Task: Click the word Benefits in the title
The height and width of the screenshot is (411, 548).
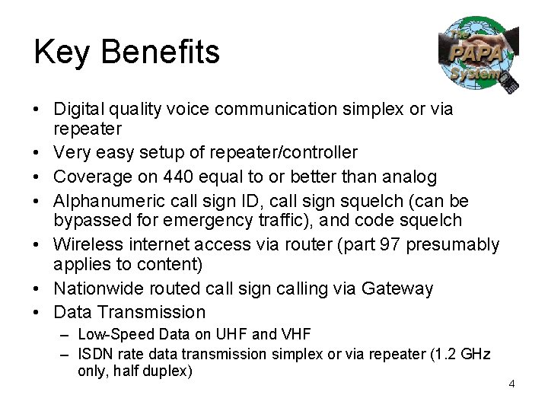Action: [x=160, y=52]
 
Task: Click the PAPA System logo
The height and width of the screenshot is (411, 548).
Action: [x=478, y=56]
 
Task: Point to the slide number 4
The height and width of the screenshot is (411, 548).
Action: [x=511, y=384]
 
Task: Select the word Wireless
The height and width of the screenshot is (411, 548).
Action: [x=85, y=244]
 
